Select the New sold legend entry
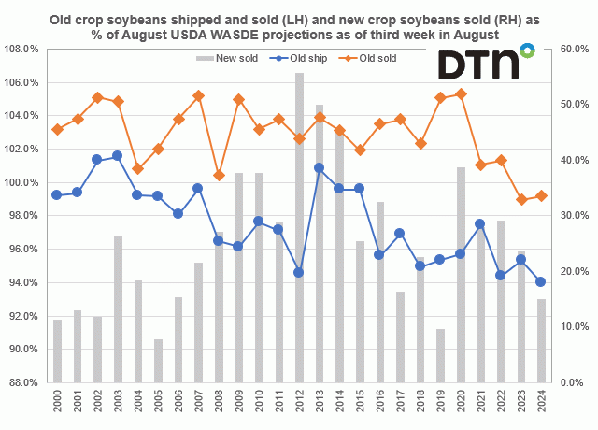point(229,58)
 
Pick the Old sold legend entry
point(365,58)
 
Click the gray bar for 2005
point(158,361)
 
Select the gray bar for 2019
point(440,355)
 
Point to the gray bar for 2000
point(57,351)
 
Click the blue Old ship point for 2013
point(320,168)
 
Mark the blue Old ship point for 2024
point(541,281)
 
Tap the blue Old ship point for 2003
point(118,155)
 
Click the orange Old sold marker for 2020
point(461,93)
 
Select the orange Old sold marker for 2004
point(137,169)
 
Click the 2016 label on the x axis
point(379,404)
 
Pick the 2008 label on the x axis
point(219,404)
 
